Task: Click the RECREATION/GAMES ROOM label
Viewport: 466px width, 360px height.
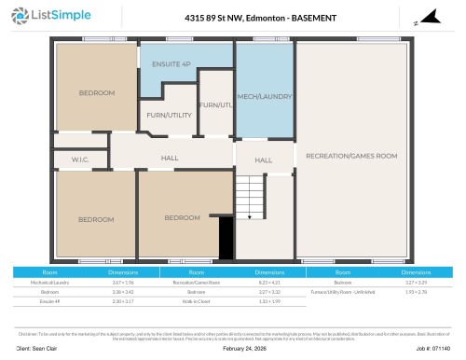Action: click(x=351, y=155)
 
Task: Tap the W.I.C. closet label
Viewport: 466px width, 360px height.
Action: click(x=80, y=160)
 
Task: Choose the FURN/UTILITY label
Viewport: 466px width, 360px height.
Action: click(x=167, y=115)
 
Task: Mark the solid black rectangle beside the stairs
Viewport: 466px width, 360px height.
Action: click(x=225, y=236)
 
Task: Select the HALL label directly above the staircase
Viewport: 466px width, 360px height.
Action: click(x=263, y=160)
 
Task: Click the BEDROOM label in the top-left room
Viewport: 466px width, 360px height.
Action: click(x=96, y=92)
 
